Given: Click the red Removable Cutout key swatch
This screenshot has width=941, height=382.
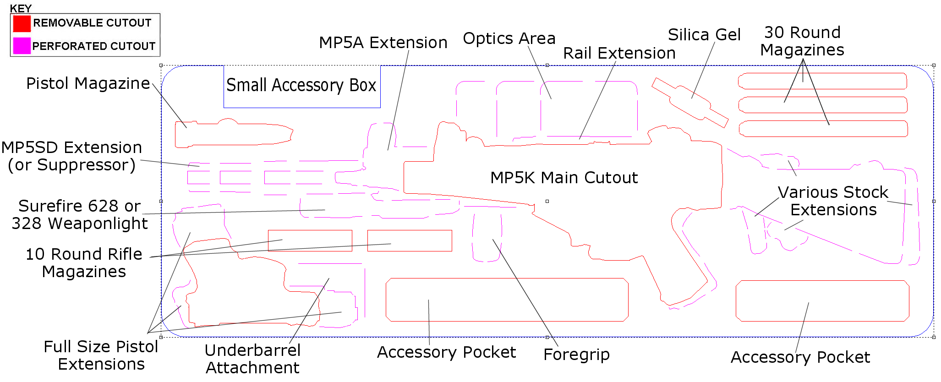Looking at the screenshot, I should point(22,23).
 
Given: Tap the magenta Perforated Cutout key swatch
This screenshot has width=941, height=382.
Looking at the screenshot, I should point(22,46).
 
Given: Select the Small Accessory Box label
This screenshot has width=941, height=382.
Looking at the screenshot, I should point(301,85).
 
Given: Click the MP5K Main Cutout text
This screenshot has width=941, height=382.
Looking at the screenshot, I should point(564,178).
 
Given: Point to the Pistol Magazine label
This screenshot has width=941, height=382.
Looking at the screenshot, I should point(88,83).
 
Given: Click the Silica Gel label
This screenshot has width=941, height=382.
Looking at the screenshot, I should point(704,35).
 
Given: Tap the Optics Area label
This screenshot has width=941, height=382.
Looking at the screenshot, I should point(509,38).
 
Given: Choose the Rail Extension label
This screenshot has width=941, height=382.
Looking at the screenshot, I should point(619,53).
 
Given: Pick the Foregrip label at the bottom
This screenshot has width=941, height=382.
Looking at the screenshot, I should point(576,355).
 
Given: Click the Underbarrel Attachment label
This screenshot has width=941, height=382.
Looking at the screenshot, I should point(252,359).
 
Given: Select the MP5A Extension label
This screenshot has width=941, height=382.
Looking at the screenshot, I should point(383,43).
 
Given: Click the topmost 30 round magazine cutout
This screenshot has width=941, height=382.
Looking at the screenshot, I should point(822,81).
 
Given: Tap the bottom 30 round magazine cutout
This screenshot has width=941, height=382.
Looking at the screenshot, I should point(823,129).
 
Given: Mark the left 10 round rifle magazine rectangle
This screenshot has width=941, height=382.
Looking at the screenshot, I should point(310,240).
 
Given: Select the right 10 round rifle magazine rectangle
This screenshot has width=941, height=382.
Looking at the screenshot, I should point(410,240).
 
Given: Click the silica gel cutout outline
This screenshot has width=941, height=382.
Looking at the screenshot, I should point(689,103).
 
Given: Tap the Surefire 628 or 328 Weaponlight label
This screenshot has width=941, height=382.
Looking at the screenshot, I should point(79,215).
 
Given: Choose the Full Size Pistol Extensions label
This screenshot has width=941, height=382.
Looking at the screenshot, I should point(101,355).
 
